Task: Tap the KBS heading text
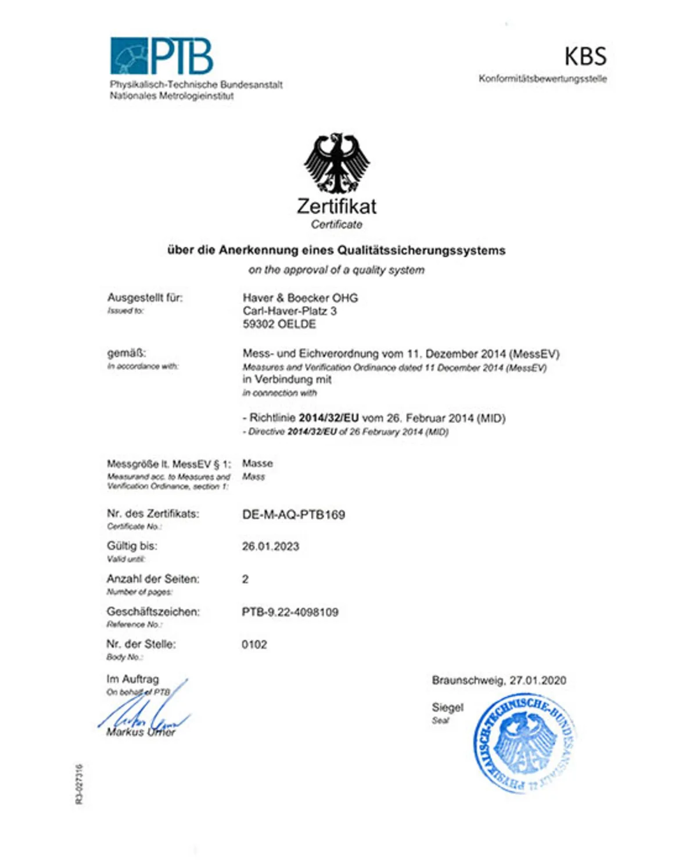click(x=585, y=57)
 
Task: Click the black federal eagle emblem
click(x=336, y=163)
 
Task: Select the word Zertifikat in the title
click(x=336, y=206)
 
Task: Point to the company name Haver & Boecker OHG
click(x=300, y=298)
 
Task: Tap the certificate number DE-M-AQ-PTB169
click(x=293, y=515)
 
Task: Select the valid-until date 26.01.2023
click(x=271, y=547)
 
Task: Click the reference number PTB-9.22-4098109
click(x=290, y=612)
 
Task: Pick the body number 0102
click(x=254, y=645)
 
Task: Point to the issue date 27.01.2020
click(x=538, y=681)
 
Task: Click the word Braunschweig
click(x=468, y=681)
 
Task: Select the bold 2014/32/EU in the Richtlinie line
click(x=329, y=418)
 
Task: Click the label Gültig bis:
click(x=132, y=546)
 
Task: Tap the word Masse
click(x=257, y=464)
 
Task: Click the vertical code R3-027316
click(x=79, y=784)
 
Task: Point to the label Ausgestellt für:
click(x=145, y=298)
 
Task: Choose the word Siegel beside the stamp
click(x=447, y=708)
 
